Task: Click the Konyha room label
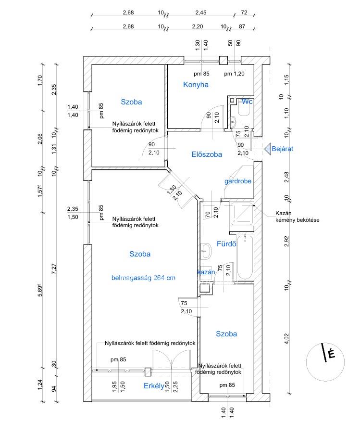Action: [196, 85]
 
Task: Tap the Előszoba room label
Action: [207, 154]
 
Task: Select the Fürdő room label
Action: [226, 243]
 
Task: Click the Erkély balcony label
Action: [154, 385]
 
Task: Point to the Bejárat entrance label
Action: [283, 149]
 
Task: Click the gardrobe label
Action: [238, 181]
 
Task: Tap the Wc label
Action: [247, 102]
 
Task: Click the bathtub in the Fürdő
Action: [245, 257]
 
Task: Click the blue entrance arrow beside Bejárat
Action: [267, 149]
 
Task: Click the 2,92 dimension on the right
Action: [287, 241]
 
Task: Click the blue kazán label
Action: [206, 272]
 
